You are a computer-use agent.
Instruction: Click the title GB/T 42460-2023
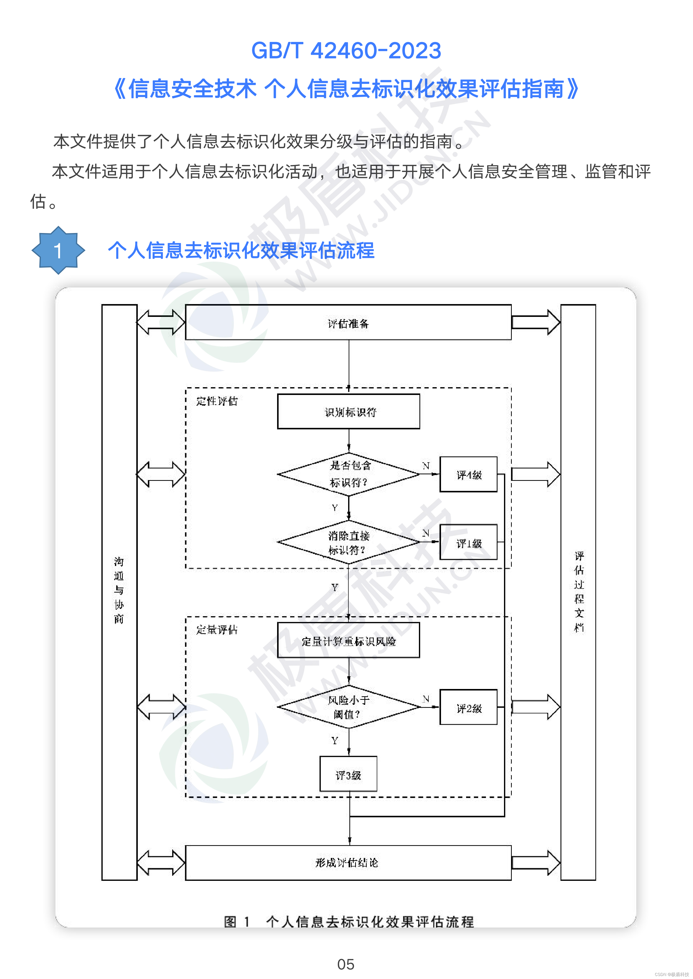[x=346, y=51]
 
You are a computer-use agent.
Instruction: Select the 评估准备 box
[x=348, y=323]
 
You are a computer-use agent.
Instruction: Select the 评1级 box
[x=469, y=542]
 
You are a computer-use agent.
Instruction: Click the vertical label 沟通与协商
[x=119, y=590]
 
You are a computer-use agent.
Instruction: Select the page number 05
[x=346, y=964]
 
